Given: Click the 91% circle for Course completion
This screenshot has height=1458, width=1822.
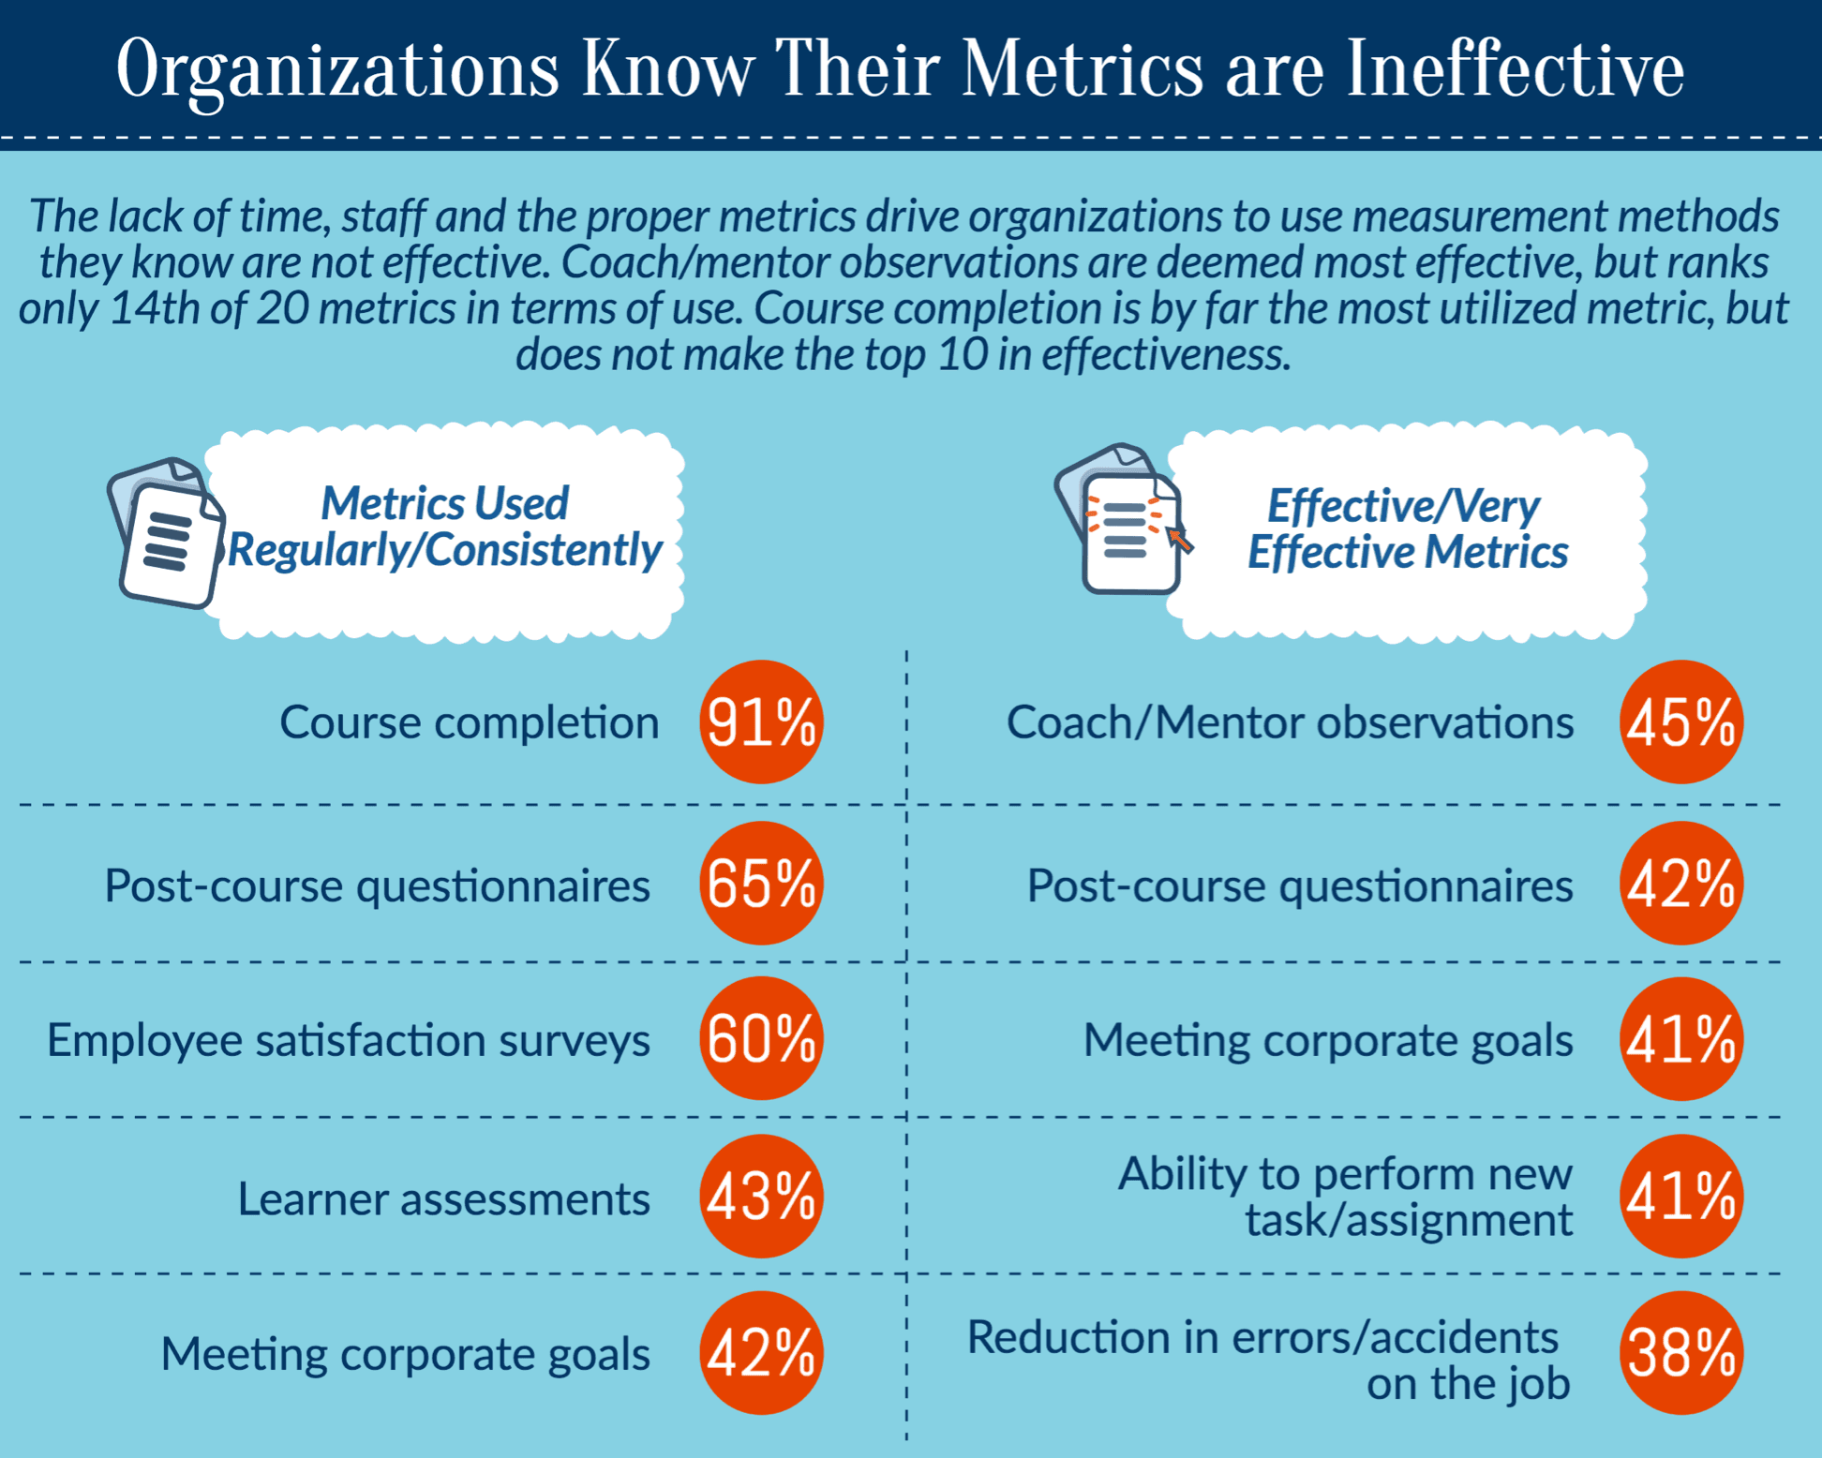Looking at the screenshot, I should [761, 722].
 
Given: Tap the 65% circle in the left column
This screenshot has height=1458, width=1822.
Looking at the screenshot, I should [761, 884].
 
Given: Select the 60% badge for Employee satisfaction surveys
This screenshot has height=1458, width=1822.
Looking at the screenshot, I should [761, 1038].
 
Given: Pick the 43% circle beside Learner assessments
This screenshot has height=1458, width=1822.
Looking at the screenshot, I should [761, 1197].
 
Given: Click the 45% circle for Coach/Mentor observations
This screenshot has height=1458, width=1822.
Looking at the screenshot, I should [1681, 722].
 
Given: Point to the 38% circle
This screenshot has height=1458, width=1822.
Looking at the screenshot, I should [1681, 1353].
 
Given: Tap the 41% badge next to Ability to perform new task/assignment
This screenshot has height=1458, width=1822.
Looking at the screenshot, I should [1681, 1197].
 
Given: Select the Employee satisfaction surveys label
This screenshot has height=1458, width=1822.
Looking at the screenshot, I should [348, 1040].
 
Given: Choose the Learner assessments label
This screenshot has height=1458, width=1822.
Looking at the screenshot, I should [443, 1198].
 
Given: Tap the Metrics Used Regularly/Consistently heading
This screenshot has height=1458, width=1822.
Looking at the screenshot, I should [445, 527].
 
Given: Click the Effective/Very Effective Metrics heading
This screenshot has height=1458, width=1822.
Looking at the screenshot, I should [1406, 529].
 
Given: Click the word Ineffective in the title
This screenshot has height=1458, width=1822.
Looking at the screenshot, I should [1515, 69].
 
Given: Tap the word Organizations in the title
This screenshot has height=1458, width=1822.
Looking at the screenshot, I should [337, 69].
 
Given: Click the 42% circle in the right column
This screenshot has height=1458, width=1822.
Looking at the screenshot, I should [1681, 884].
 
